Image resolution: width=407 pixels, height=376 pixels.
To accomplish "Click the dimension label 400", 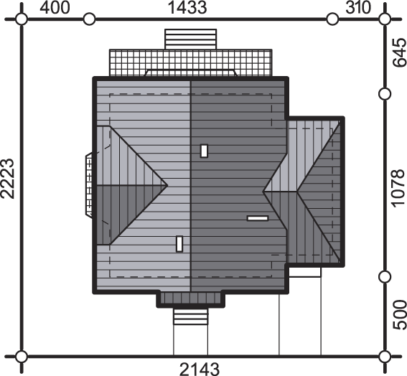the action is [x=55, y=8].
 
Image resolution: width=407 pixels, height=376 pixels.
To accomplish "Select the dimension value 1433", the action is [x=187, y=8].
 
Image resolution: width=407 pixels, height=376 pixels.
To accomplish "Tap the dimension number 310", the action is [x=358, y=8].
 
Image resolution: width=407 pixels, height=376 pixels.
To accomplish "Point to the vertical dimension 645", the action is [x=399, y=52].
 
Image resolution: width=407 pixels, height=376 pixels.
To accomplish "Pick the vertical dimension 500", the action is [x=399, y=315].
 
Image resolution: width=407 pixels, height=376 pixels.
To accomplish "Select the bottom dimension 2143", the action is [x=200, y=369].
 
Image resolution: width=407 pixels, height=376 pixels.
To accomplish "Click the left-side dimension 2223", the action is [x=7, y=178].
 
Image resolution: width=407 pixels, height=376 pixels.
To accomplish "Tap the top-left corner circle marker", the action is [x=22, y=19].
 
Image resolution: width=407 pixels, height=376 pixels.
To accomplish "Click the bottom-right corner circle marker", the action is [x=385, y=357].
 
